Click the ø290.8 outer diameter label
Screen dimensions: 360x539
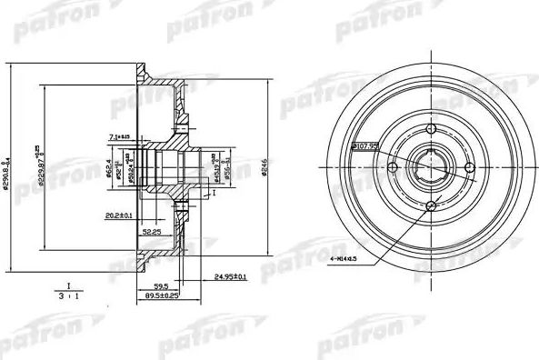coord(8,168)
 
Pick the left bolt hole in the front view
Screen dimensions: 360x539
coord(393,166)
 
